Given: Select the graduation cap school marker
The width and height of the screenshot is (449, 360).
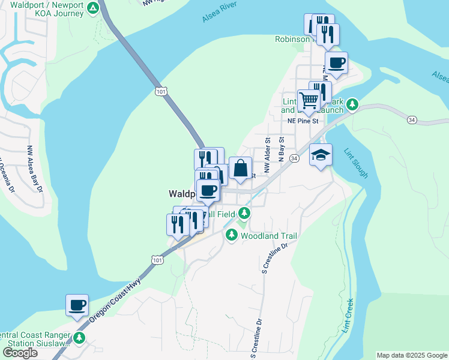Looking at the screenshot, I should coord(321,155).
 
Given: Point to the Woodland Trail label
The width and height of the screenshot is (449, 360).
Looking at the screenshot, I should coord(268,236).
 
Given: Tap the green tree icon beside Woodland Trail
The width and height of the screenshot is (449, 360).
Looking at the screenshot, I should coord(232,236).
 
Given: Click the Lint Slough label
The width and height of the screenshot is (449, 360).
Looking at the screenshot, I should coord(356,163).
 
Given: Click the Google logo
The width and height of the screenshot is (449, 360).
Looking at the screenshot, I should coord(20,353).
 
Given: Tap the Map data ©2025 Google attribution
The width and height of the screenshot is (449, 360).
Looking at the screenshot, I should coord(412,355).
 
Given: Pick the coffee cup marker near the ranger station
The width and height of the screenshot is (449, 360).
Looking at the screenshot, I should coord(77,305).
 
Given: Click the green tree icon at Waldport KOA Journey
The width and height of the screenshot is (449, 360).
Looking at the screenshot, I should coord(92,8).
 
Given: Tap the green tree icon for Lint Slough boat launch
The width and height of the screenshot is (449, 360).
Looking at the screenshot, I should coord(354,105).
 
